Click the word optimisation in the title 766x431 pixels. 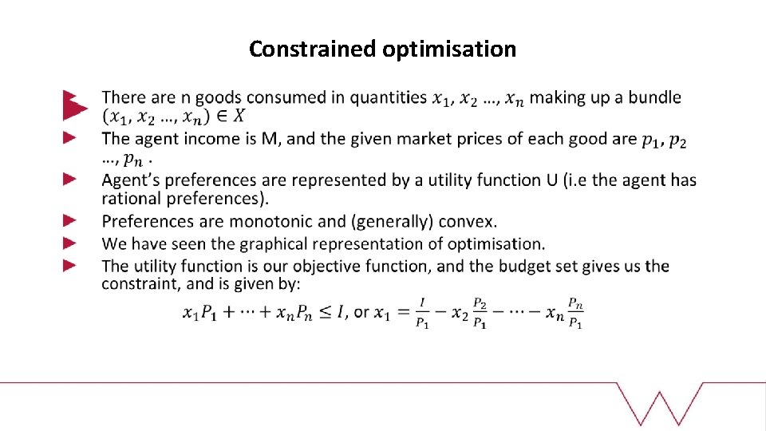click(449, 49)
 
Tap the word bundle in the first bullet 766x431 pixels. click(654, 98)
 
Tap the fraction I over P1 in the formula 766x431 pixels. click(422, 312)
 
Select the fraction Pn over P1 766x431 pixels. click(574, 312)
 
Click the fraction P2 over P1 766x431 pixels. click(480, 312)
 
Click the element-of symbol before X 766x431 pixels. click(219, 117)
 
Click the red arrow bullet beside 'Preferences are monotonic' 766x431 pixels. click(70, 220)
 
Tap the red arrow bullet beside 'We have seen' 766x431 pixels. click(70, 243)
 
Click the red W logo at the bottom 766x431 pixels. click(667, 405)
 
